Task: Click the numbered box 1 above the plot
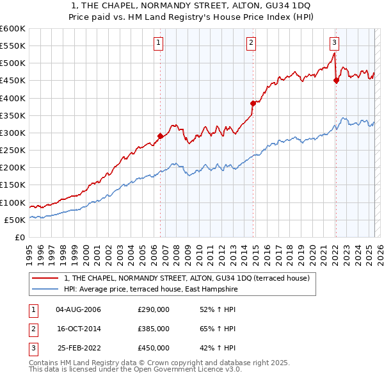[158, 43]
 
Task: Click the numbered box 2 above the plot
[252, 43]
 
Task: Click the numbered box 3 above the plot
[334, 43]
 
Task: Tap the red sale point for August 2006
[160, 136]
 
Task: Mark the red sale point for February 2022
[336, 80]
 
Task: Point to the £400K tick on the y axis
[13, 98]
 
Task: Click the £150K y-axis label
[13, 185]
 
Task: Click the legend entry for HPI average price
[150, 289]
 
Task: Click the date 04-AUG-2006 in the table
[78, 309]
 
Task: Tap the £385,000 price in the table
[153, 329]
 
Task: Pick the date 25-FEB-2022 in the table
[78, 348]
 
